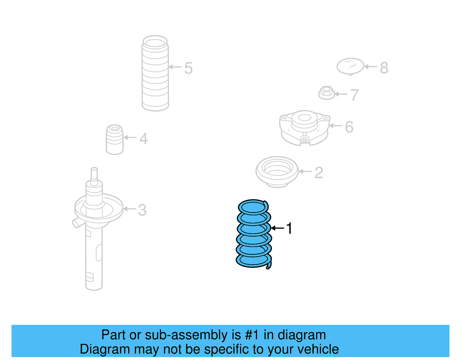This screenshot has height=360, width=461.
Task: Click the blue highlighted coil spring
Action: click(254, 233)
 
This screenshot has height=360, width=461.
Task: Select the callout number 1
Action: click(289, 228)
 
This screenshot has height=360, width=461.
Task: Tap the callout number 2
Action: click(319, 173)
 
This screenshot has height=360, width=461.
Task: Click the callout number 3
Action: click(142, 210)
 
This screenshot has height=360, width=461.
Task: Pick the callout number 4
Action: click(143, 139)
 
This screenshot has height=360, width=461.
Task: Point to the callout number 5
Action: click(188, 68)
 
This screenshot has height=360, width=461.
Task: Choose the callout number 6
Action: click(349, 127)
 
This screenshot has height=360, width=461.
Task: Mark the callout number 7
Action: click(354, 95)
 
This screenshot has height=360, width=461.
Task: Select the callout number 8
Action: click(384, 68)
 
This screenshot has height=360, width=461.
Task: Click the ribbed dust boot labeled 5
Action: click(155, 73)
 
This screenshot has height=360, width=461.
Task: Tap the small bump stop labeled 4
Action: click(115, 140)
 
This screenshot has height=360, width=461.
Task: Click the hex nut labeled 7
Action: click(326, 93)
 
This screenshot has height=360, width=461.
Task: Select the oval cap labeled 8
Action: click(350, 66)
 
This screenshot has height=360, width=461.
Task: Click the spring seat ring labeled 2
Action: click(277, 171)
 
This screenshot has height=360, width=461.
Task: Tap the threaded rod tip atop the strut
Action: click(94, 173)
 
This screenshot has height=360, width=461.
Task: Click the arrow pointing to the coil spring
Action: click(277, 228)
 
